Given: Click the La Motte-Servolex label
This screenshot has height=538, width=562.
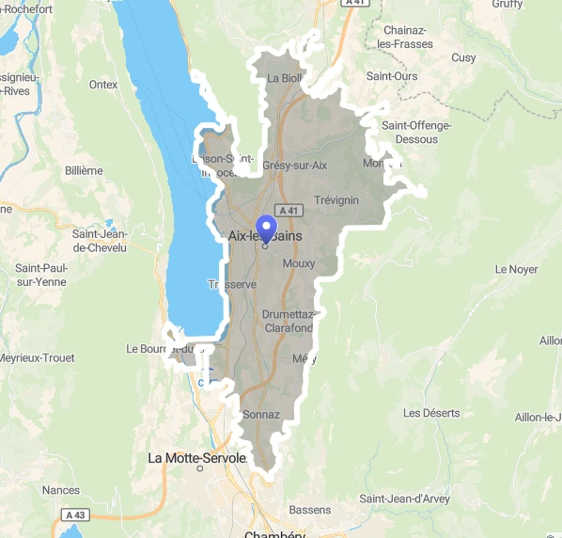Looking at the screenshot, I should (x=197, y=458).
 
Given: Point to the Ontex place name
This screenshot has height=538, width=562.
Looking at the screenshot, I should (x=103, y=85).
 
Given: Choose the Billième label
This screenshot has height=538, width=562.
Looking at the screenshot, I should (x=85, y=170).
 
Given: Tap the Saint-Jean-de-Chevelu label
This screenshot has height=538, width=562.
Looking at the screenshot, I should (x=104, y=240).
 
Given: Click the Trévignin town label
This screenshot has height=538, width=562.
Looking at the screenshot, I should (x=336, y=200).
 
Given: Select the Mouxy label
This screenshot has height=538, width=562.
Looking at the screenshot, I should (x=299, y=264).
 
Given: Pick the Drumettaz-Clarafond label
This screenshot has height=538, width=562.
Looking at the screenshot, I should (x=288, y=321).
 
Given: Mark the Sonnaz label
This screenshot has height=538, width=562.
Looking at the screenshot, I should (x=261, y=414).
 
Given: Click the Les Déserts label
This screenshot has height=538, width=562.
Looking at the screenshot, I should (x=431, y=413).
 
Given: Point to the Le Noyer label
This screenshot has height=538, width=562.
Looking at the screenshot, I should (x=516, y=269).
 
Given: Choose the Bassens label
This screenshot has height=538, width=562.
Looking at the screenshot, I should (x=310, y=510).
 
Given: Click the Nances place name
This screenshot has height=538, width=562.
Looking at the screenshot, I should (x=61, y=490).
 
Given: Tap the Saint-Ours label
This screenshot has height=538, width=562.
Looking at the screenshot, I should (x=392, y=75).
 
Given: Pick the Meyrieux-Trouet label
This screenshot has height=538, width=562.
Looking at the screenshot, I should (x=37, y=358).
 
